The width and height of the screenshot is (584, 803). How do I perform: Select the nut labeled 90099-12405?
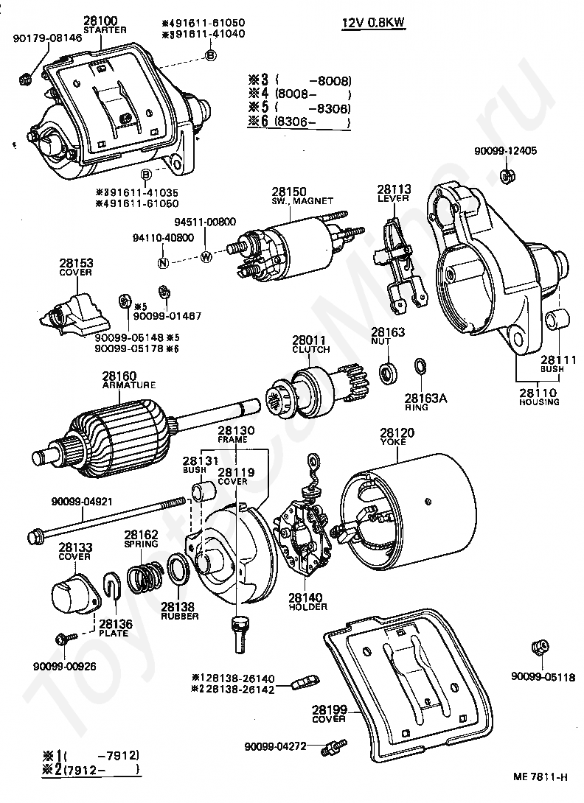pos(507,176)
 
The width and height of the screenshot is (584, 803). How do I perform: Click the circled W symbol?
pos(206,257)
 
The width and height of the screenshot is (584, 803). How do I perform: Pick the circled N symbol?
pos(164,262)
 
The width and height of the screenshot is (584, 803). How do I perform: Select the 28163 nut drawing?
pos(388,372)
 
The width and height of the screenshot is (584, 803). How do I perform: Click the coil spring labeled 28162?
pos(146,575)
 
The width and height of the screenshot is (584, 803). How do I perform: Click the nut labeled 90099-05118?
pos(540,648)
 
